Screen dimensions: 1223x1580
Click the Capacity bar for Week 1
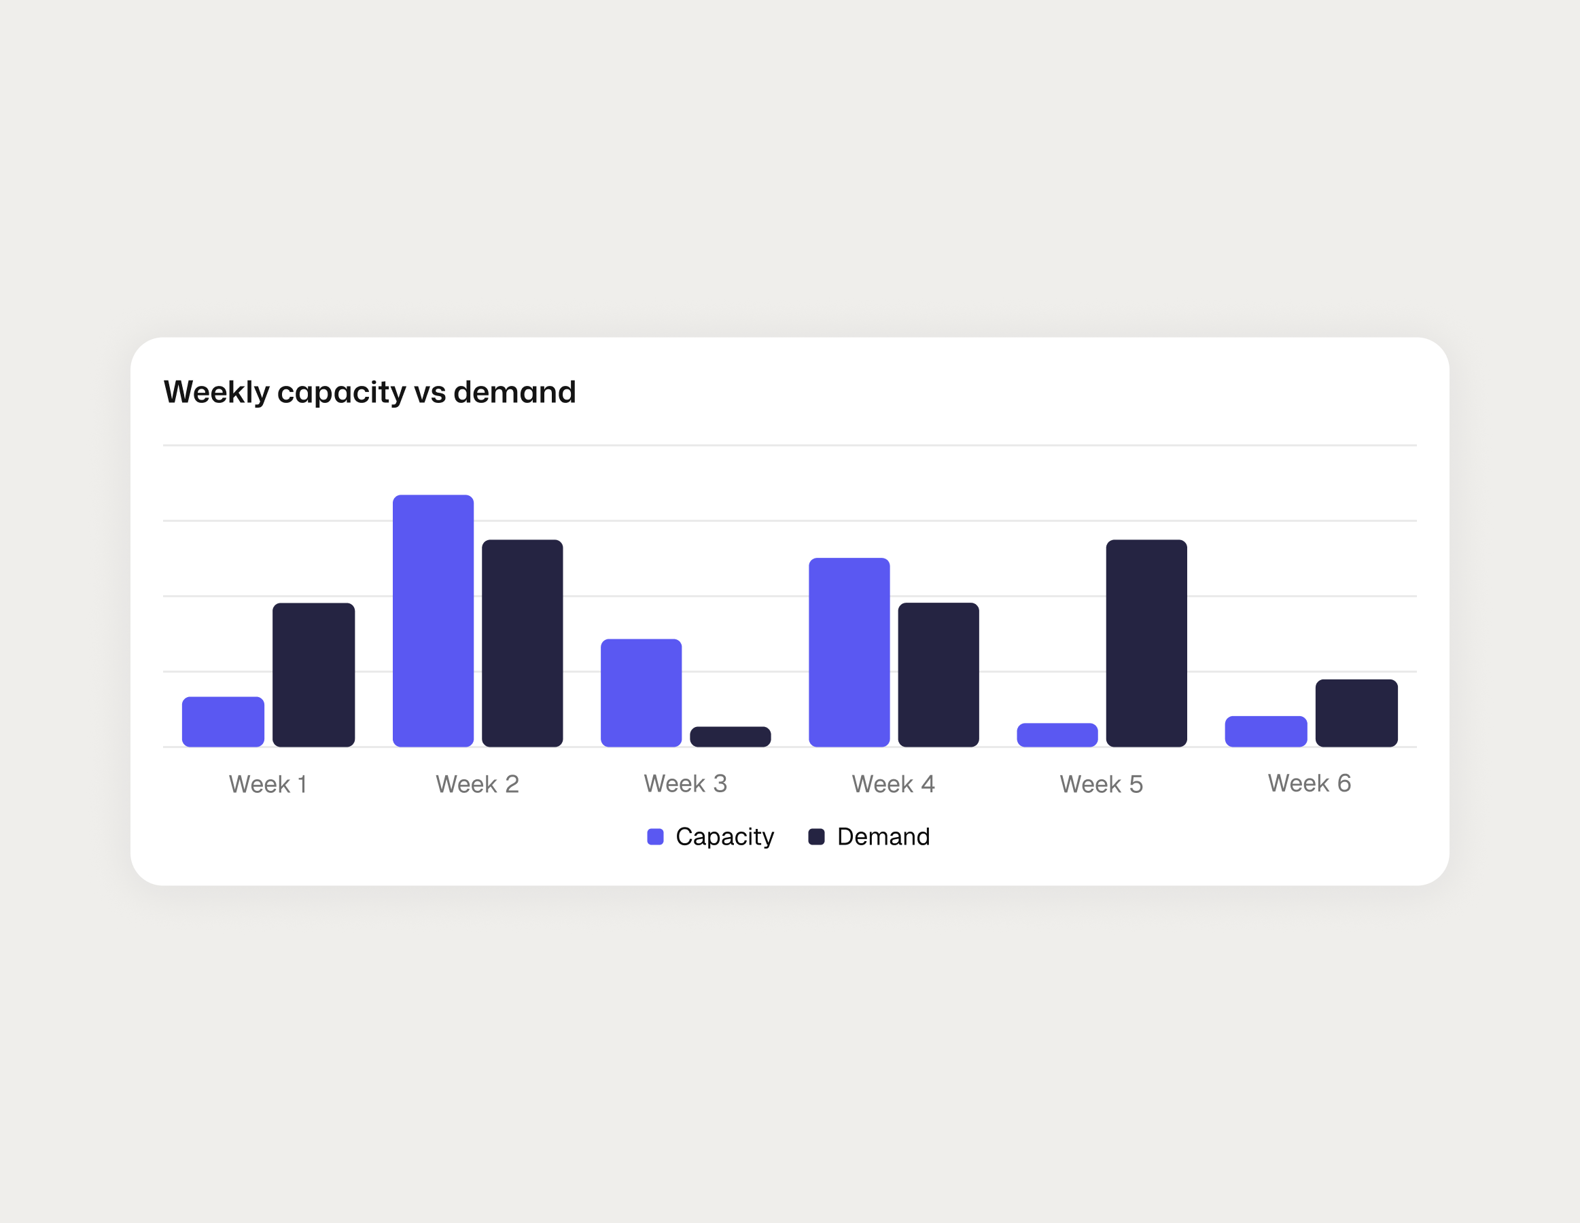click(x=223, y=722)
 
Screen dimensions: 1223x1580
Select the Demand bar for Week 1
click(x=313, y=675)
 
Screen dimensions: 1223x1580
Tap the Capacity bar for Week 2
click(x=433, y=620)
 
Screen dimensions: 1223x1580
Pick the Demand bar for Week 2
click(x=523, y=643)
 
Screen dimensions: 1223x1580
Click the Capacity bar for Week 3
click(x=641, y=693)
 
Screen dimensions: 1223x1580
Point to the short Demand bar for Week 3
click(x=730, y=737)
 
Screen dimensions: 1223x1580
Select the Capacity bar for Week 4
click(x=849, y=652)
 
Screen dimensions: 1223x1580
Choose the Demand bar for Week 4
click(x=938, y=675)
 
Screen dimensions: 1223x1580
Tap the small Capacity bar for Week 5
click(x=1057, y=734)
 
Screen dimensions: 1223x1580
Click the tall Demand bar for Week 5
click(x=1146, y=643)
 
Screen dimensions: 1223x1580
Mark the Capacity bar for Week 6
click(x=1265, y=731)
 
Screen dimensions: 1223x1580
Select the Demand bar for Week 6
click(x=1356, y=713)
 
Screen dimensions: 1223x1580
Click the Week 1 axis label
click(x=268, y=784)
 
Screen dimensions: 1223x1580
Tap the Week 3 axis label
click(x=685, y=783)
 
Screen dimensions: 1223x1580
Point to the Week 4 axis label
click(x=893, y=784)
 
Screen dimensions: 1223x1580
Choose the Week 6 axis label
click(x=1309, y=783)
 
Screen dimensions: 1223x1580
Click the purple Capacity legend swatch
click(x=655, y=837)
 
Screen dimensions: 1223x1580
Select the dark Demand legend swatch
click(x=816, y=837)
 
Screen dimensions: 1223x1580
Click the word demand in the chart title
click(x=514, y=392)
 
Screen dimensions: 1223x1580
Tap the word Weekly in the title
click(x=216, y=392)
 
